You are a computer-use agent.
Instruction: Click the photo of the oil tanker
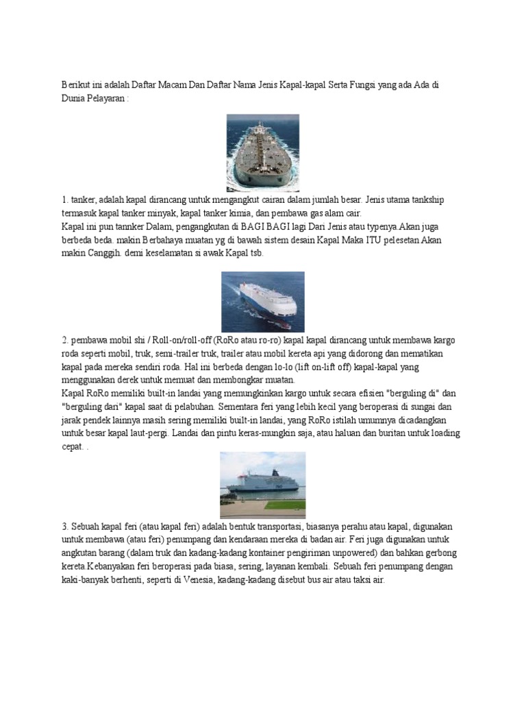tap(263, 152)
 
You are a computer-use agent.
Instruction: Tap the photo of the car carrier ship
tap(262, 302)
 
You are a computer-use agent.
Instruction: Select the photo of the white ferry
tap(262, 485)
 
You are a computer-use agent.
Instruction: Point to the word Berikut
tap(75, 83)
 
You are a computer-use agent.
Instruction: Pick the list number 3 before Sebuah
tap(64, 526)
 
